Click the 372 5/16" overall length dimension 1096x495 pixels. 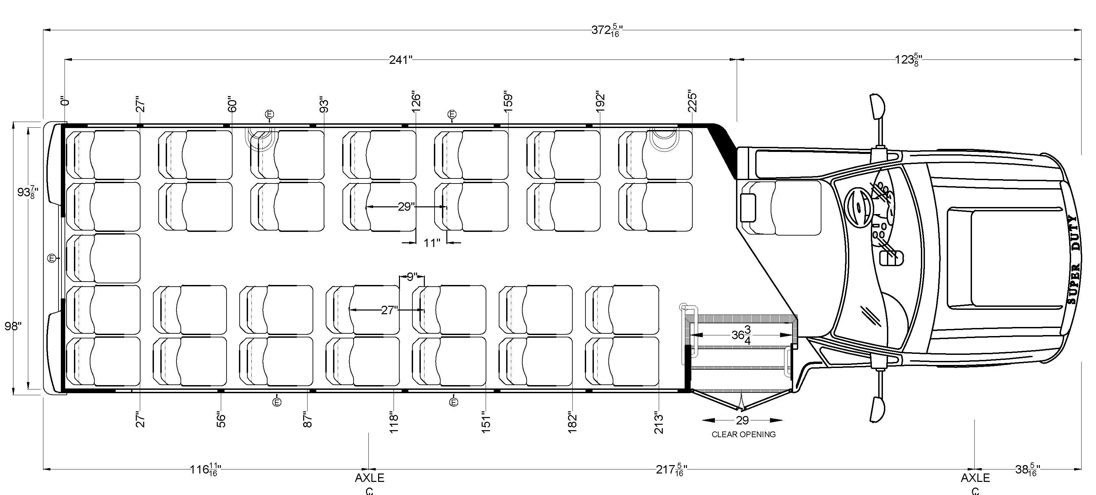click(607, 30)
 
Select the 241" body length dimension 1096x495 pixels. click(401, 60)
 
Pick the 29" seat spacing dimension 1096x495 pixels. click(406, 207)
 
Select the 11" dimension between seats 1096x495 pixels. click(432, 243)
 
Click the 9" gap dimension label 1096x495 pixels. click(412, 277)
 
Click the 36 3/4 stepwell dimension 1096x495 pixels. click(741, 335)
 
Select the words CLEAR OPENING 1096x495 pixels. click(743, 434)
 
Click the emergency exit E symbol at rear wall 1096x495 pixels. click(51, 258)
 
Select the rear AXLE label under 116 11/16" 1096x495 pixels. click(369, 478)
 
